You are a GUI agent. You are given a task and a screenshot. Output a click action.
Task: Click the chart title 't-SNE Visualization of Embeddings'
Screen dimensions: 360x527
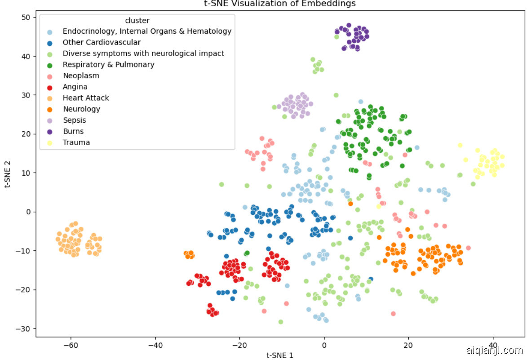(279, 4)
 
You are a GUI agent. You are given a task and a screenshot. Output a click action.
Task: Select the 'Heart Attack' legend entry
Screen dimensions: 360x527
(85, 98)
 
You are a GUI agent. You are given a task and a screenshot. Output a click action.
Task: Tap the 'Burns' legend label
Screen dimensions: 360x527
(73, 131)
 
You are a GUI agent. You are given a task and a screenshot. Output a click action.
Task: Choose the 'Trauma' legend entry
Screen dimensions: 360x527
(76, 142)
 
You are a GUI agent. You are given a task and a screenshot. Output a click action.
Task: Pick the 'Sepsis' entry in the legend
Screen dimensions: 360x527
(74, 120)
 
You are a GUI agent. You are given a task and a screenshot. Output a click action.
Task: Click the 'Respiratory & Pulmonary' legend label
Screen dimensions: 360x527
(108, 65)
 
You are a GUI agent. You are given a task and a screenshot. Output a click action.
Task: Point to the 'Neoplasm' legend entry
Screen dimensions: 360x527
(81, 76)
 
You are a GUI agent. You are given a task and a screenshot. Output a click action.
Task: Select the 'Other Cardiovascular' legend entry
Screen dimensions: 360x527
(102, 43)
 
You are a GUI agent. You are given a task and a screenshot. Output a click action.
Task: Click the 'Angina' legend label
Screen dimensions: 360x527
(75, 87)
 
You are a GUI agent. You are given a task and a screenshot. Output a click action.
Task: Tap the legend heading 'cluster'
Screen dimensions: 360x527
(137, 21)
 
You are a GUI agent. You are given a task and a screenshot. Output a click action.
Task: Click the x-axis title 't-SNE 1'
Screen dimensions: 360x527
(279, 356)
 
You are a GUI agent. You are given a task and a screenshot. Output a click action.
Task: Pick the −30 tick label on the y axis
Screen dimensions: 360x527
(22, 329)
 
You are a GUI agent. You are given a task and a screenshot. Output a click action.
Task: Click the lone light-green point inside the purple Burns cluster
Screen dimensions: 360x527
(337, 37)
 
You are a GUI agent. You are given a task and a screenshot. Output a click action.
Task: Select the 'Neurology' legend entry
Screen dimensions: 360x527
(81, 109)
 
